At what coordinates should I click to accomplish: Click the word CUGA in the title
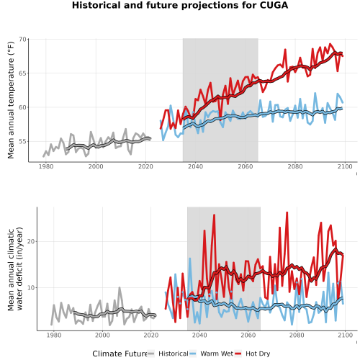pos(274,5)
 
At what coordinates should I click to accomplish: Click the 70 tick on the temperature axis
pos(22,39)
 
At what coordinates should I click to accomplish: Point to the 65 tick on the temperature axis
pos(22,73)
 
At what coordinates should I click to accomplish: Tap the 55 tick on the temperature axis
pos(22,141)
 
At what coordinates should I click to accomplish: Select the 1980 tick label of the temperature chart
pos(46,166)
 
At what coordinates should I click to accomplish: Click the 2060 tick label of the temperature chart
pos(246,166)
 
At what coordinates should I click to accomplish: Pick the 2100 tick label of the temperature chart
pos(345,166)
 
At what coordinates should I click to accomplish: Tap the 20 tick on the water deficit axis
pos(31,241)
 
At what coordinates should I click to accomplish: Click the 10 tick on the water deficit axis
pos(31,287)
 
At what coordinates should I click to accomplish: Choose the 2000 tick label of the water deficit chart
pos(102,335)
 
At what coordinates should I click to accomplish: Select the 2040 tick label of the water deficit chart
pos(199,335)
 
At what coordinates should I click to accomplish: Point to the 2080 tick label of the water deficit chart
pos(297,335)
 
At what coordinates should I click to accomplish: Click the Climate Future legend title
pos(120,354)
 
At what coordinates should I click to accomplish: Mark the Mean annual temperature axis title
pos(11,100)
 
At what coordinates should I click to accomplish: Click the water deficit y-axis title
pos(15,269)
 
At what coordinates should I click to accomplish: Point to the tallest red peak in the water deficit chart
pos(287,212)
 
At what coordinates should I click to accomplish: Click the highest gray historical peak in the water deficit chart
pos(120,287)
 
